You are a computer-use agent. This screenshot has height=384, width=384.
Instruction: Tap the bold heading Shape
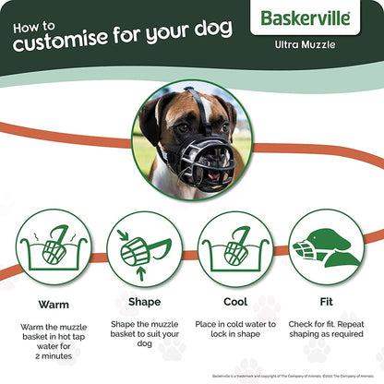pyautogui.click(x=145, y=301)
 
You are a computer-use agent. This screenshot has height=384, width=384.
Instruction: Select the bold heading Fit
pyautogui.click(x=327, y=301)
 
